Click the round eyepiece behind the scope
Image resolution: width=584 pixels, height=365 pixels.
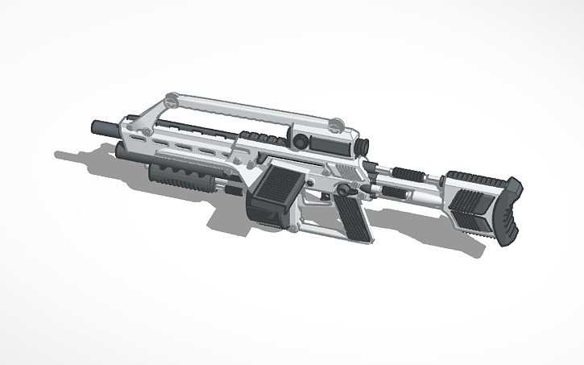click(362, 147)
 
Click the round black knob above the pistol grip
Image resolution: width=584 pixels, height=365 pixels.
click(344, 190)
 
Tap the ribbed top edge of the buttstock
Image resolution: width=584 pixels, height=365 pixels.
click(475, 177)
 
